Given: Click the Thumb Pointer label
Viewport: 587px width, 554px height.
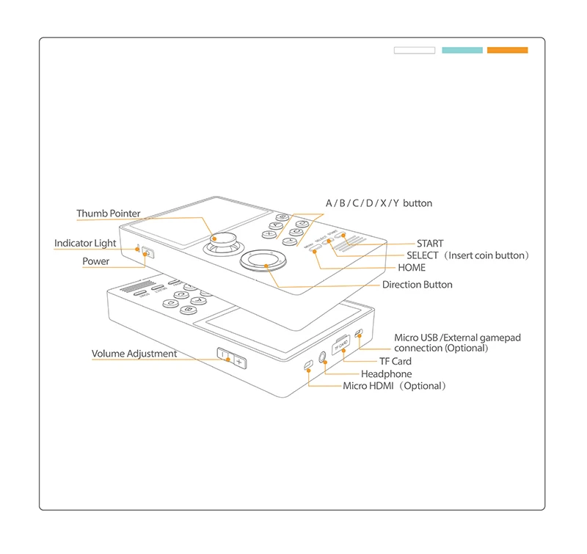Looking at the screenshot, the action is click(x=109, y=214).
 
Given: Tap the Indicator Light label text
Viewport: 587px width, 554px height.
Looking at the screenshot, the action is click(x=85, y=244).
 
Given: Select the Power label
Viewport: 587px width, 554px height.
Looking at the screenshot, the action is click(x=96, y=261).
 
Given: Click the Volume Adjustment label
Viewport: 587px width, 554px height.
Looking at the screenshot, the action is click(x=134, y=354).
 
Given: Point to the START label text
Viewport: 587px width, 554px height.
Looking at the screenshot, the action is click(x=430, y=244).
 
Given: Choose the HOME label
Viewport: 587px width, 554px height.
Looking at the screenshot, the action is click(x=412, y=268).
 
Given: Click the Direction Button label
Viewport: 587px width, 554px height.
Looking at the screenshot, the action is click(x=417, y=285).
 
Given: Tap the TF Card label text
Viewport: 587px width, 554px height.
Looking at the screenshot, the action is click(x=395, y=361).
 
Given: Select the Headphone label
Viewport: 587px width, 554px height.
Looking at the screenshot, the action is click(x=387, y=373).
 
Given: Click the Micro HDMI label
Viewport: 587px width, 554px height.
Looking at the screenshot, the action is click(x=368, y=386).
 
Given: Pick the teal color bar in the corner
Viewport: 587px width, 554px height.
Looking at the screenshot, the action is click(x=462, y=50).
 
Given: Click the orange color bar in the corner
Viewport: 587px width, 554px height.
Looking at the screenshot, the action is click(x=507, y=50).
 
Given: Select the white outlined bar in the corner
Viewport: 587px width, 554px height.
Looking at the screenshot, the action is click(x=415, y=50).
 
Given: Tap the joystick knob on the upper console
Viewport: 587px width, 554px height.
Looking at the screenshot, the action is click(x=223, y=239).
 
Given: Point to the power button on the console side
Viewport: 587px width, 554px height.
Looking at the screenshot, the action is click(x=148, y=253).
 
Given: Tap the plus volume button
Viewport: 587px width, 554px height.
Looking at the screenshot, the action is click(x=240, y=362).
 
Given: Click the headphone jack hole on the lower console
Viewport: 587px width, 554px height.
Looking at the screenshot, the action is click(x=322, y=357).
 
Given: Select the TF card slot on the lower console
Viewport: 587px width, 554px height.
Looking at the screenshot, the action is click(x=340, y=345).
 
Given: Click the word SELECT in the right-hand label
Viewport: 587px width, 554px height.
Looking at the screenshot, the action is click(x=423, y=255).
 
